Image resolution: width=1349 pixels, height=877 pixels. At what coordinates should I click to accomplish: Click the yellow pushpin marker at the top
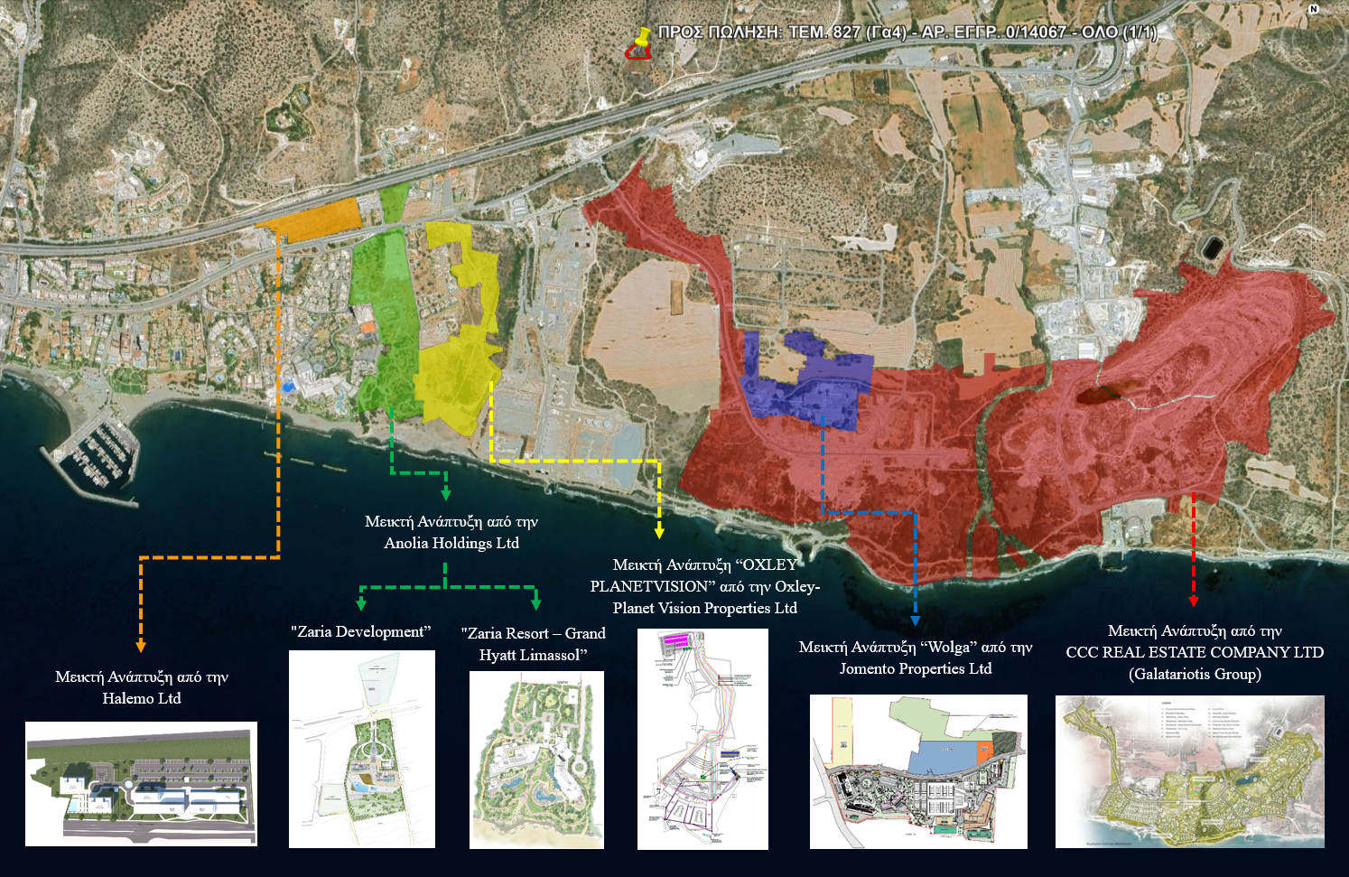click(642, 39)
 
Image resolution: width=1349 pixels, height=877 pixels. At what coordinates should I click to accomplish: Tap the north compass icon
click(1314, 9)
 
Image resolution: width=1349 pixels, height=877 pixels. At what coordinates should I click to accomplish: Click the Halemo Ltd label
click(142, 698)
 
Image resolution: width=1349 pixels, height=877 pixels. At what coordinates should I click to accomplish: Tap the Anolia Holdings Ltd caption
click(451, 543)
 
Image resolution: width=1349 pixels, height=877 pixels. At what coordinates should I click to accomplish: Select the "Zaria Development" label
click(361, 631)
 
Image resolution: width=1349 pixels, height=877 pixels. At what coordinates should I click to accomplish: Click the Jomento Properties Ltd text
click(916, 668)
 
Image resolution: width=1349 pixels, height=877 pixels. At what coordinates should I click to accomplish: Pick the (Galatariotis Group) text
click(1195, 674)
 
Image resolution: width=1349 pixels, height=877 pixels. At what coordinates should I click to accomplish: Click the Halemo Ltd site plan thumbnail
click(141, 783)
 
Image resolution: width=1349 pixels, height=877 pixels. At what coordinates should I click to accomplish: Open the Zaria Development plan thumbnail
click(361, 749)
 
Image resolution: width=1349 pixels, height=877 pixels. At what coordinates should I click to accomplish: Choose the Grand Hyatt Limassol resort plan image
click(536, 760)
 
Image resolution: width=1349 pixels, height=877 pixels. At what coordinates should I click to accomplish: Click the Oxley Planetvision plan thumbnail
click(702, 739)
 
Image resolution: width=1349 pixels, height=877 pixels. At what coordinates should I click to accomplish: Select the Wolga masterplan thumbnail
click(918, 771)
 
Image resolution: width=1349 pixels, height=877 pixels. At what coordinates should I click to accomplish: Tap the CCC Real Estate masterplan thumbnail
click(1189, 771)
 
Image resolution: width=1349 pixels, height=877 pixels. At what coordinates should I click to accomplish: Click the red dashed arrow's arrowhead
click(1194, 601)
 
